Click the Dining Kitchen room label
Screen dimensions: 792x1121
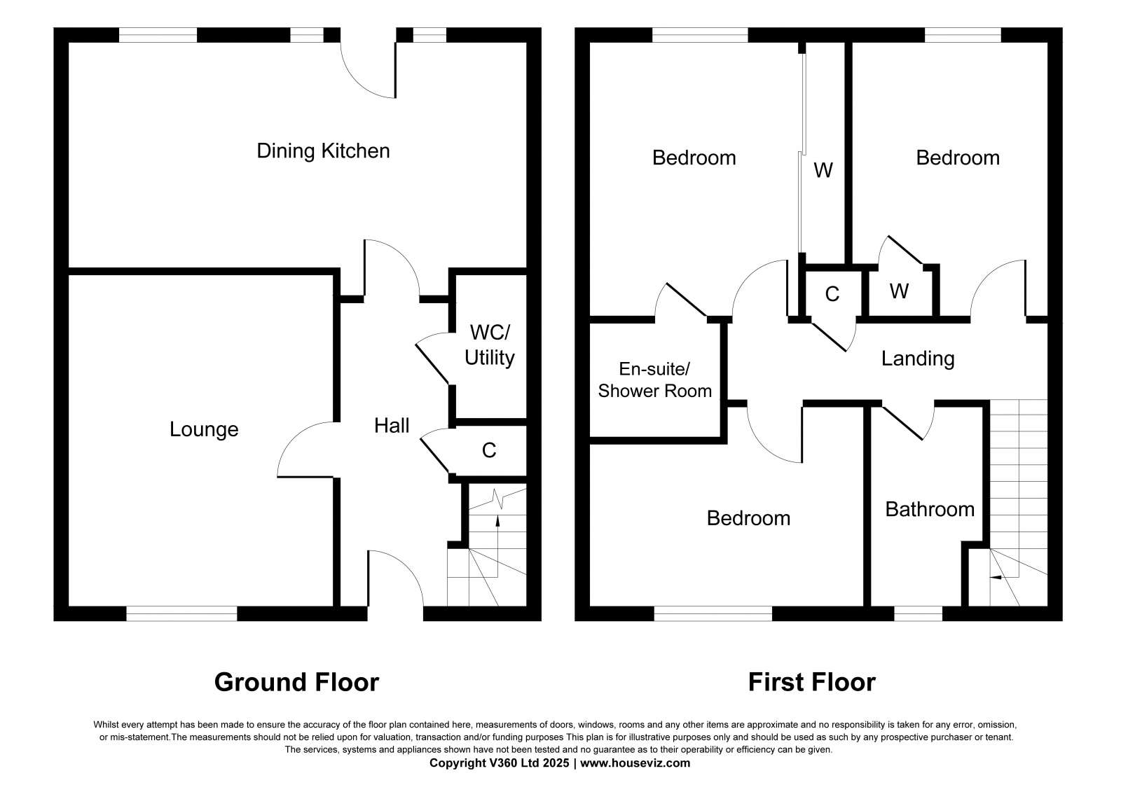323,151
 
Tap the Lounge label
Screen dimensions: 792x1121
204,429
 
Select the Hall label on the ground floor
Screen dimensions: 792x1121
392,425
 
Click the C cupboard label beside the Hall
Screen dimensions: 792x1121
489,450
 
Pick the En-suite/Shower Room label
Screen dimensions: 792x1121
654,380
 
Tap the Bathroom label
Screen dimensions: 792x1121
930,509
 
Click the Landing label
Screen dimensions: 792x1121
918,359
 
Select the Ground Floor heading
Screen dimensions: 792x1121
296,681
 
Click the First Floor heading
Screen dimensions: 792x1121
811,681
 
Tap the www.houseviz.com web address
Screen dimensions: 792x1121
635,763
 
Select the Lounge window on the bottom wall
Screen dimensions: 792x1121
181,613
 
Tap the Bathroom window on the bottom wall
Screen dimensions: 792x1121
918,613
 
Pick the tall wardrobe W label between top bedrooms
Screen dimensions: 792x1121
823,170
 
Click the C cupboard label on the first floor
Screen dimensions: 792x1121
832,294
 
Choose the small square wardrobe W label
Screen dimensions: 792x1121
899,291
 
